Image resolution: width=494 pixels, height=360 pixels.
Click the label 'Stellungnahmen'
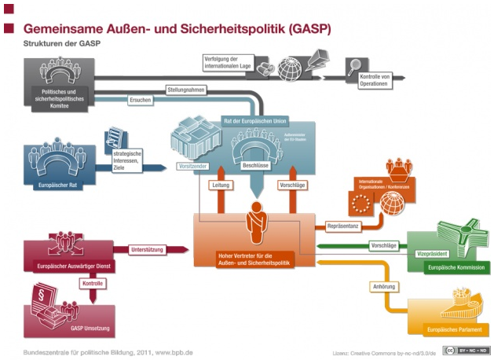(x=185, y=90)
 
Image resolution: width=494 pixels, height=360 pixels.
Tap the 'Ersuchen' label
(x=141, y=101)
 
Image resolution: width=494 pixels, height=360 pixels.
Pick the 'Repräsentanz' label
(x=343, y=226)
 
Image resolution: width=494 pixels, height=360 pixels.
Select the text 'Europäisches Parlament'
(x=454, y=328)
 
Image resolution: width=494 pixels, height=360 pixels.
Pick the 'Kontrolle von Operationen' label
(x=374, y=79)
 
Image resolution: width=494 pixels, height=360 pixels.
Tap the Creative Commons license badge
(x=466, y=350)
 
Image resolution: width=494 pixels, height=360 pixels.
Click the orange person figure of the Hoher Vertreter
(x=254, y=222)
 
